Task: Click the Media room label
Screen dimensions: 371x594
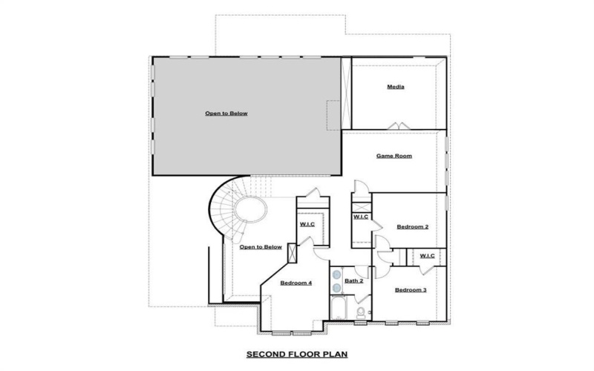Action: tap(395, 87)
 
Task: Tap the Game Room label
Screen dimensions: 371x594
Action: tap(394, 156)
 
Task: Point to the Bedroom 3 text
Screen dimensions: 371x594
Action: tap(410, 289)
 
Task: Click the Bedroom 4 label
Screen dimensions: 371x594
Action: tap(296, 283)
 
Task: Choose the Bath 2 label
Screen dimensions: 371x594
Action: tap(354, 280)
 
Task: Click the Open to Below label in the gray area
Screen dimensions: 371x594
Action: tap(226, 114)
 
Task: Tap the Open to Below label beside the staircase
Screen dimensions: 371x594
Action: tap(261, 247)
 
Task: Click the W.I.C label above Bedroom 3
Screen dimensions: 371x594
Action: tap(427, 256)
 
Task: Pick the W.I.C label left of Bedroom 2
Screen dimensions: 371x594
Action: tap(361, 217)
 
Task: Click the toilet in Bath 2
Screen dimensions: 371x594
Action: tap(361, 315)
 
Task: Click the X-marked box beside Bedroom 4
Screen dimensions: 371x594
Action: tap(292, 252)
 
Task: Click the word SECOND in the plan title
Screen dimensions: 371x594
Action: tap(265, 355)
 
